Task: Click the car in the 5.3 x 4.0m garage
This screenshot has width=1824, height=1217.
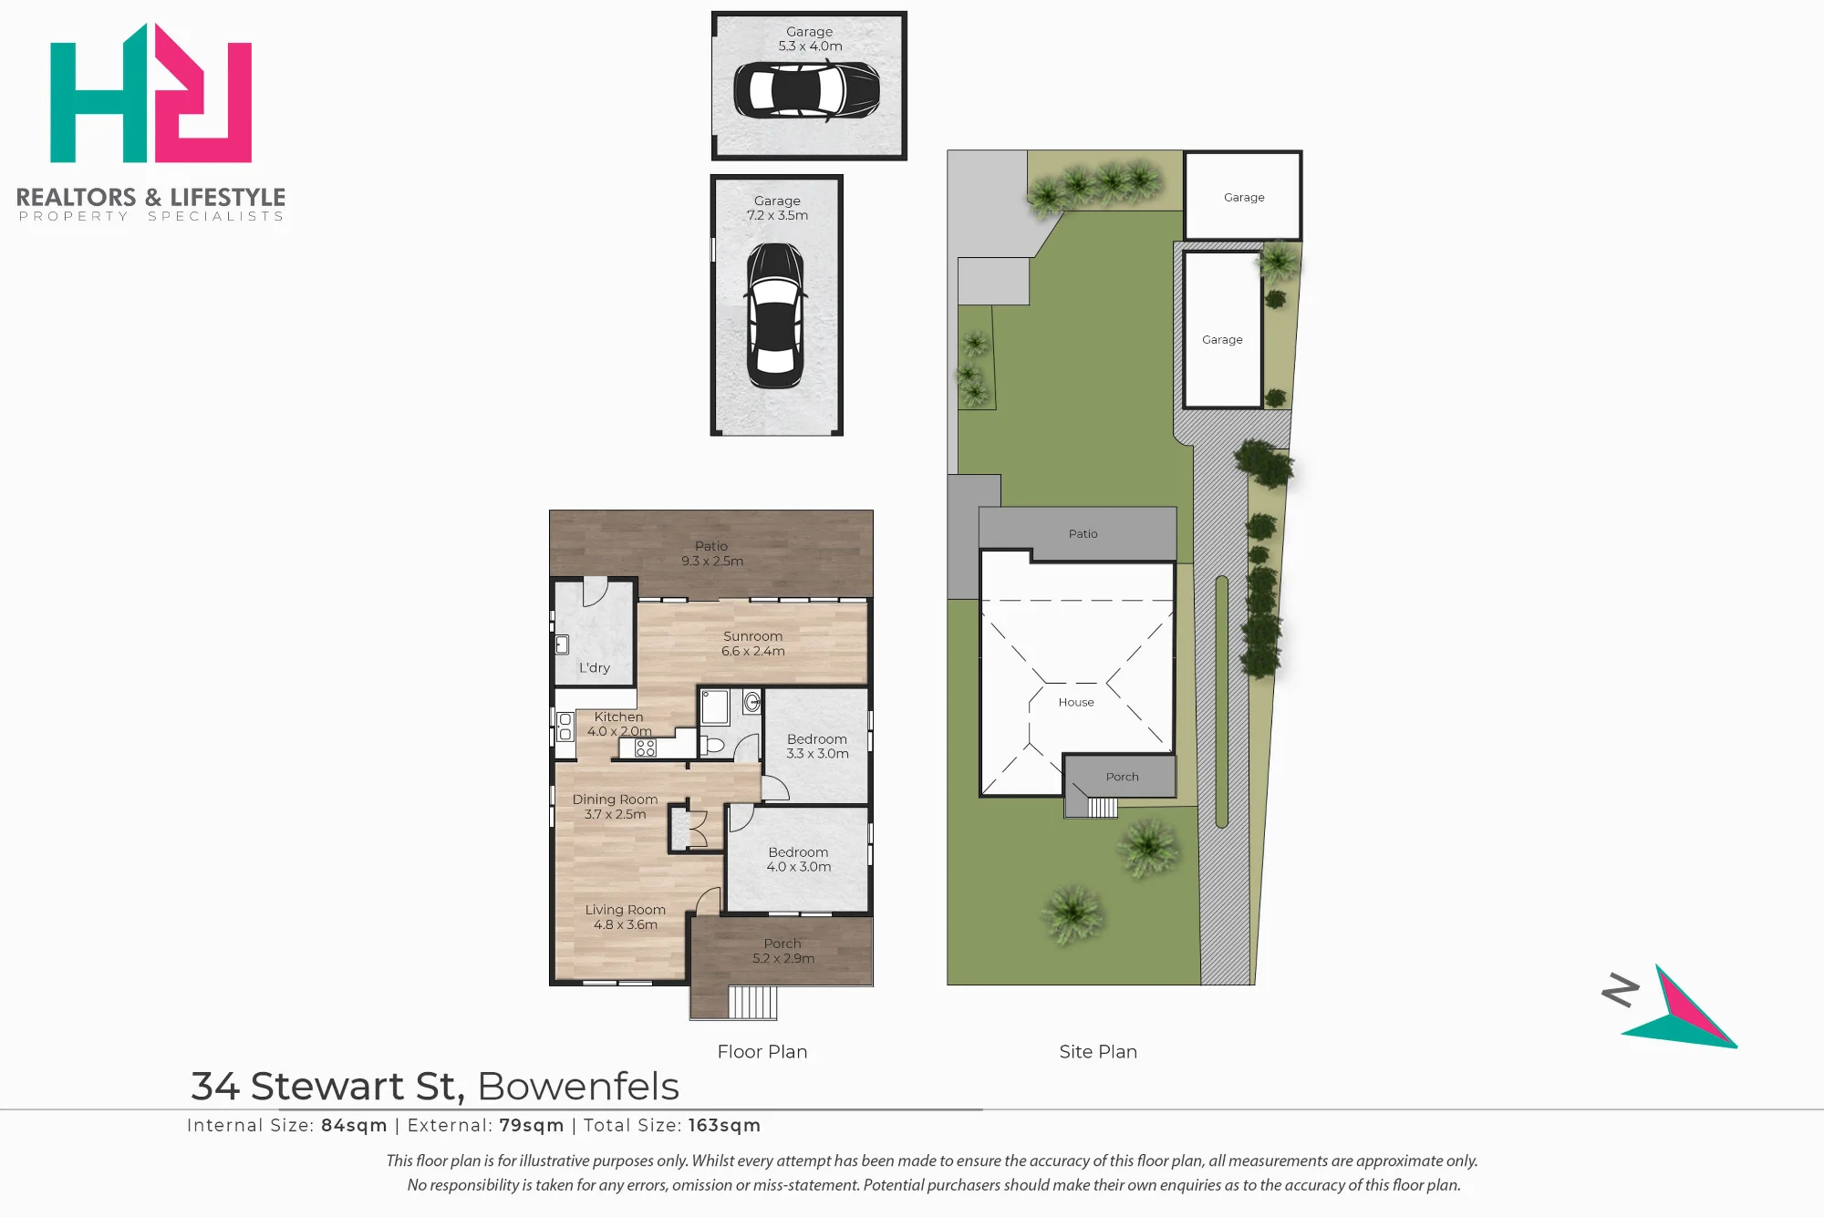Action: [807, 89]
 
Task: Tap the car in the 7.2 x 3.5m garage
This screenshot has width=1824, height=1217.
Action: [776, 315]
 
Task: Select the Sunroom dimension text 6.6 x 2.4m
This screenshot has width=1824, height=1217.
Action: [753, 651]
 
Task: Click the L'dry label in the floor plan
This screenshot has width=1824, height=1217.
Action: [595, 667]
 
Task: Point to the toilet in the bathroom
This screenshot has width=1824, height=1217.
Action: [712, 745]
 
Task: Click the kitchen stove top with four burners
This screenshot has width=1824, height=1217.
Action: [646, 748]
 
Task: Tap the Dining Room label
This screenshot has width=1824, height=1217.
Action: [615, 799]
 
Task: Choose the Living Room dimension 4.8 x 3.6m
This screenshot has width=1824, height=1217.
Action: [626, 924]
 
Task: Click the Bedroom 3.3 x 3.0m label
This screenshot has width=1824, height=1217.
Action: [817, 746]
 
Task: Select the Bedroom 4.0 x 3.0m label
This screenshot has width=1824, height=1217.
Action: [799, 859]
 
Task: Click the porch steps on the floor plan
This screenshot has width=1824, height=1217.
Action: [752, 1002]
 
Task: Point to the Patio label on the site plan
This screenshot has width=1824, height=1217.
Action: [1083, 533]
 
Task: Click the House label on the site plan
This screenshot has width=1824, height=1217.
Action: [1076, 702]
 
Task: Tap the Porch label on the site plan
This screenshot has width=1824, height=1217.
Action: [1123, 777]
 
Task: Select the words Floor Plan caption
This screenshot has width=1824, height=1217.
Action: [762, 1051]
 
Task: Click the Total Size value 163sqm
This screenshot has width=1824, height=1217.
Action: [724, 1125]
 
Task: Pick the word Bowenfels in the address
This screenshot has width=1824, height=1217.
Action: [578, 1086]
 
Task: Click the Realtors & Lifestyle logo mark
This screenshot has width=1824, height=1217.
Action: [150, 93]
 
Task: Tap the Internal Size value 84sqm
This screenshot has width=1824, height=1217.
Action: [354, 1125]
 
